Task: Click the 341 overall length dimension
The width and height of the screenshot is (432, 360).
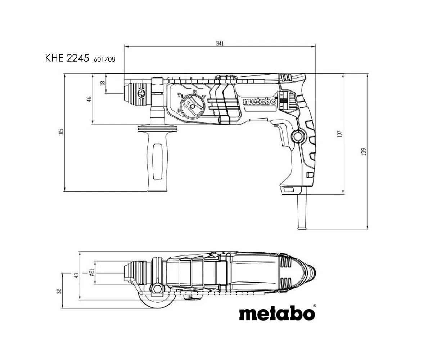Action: (220, 44)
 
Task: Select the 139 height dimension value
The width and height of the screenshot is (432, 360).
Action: (364, 152)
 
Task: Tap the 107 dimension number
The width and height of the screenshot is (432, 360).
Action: (339, 134)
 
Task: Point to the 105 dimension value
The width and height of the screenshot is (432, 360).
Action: (61, 132)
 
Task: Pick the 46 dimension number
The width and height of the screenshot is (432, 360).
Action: (89, 99)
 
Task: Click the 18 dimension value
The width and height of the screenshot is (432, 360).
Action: (102, 83)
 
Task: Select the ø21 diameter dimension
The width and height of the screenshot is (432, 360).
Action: (92, 272)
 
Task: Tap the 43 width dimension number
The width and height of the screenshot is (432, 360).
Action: (77, 275)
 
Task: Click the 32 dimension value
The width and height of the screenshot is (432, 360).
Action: (59, 291)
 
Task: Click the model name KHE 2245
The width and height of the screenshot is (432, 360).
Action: (67, 58)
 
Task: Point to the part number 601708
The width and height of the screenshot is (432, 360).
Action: (104, 59)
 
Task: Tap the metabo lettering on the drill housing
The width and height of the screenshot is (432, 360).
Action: (260, 102)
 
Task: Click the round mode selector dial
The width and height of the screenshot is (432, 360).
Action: (192, 106)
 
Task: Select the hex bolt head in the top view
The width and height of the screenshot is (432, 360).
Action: (157, 288)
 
